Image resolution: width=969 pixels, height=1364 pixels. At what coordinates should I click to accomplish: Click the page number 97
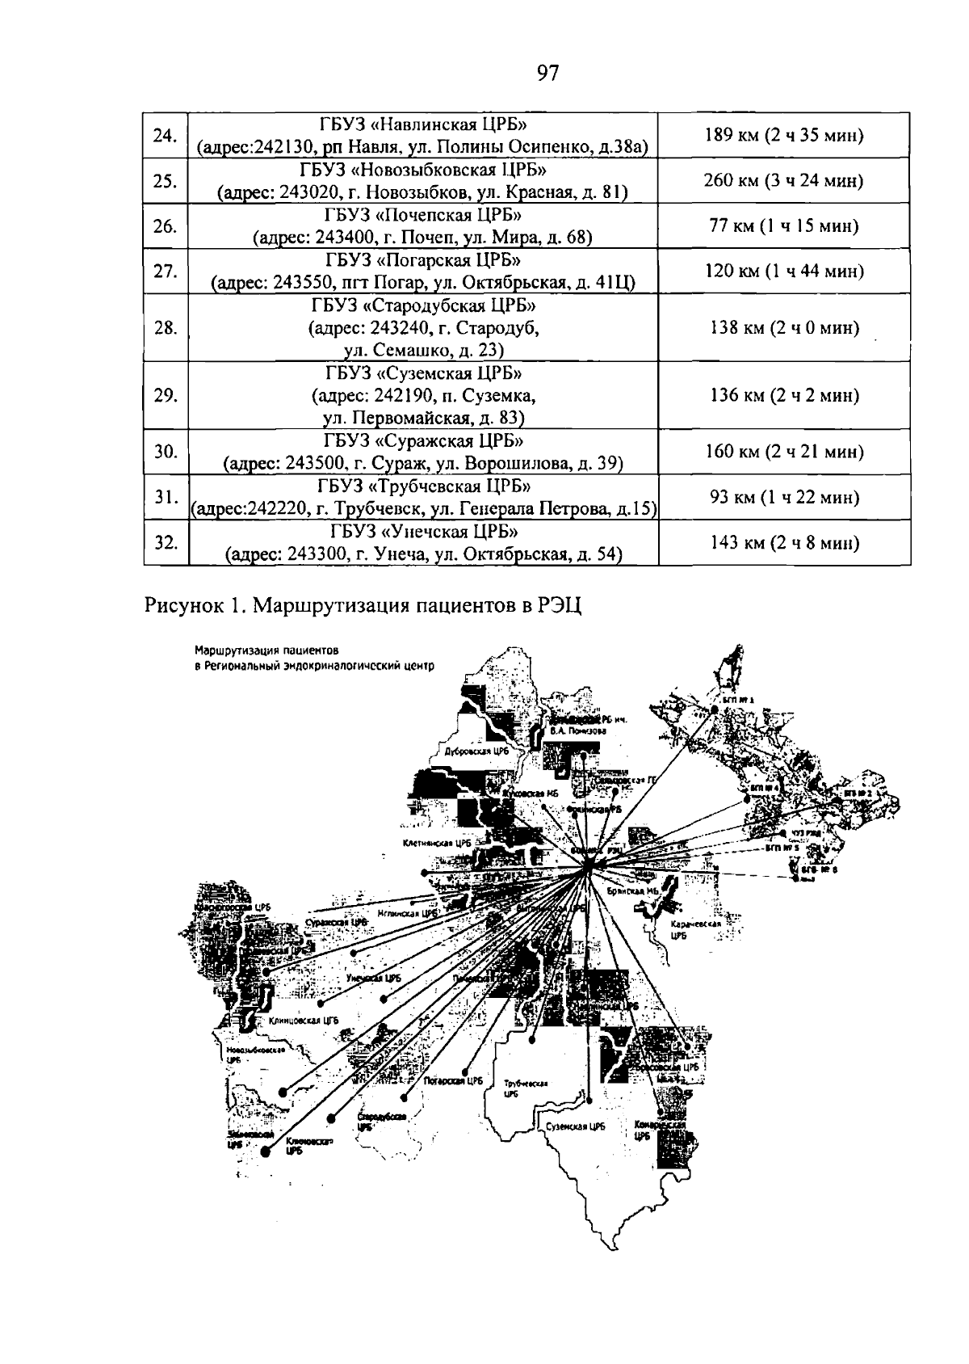pos(547,74)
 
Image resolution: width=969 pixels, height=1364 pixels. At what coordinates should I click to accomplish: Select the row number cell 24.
pos(165,135)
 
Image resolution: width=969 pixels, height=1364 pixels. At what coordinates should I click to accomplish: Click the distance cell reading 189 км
pos(784,135)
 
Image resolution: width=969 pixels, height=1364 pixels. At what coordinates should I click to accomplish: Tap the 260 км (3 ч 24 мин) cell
pos(784,180)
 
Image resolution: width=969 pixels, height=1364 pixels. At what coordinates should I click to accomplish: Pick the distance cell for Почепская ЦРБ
pos(784,226)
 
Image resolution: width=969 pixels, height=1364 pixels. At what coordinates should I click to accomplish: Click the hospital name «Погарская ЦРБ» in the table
pos(422,260)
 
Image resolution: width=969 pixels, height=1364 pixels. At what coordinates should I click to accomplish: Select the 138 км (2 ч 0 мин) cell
pos(784,328)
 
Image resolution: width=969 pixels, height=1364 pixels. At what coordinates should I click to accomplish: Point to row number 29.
pos(165,396)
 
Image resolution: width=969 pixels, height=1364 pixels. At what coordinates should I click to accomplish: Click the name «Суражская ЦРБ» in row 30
pos(422,441)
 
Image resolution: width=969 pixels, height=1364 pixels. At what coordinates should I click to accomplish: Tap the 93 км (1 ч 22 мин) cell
pos(784,497)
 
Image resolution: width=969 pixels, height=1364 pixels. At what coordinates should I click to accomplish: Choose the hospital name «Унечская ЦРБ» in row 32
pos(422,532)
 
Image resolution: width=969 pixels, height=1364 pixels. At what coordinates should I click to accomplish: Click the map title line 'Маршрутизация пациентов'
pos(266,650)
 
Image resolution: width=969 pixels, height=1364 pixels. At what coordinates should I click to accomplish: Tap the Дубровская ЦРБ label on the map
pos(476,751)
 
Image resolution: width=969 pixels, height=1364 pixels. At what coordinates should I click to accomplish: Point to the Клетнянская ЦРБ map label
pos(437,842)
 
